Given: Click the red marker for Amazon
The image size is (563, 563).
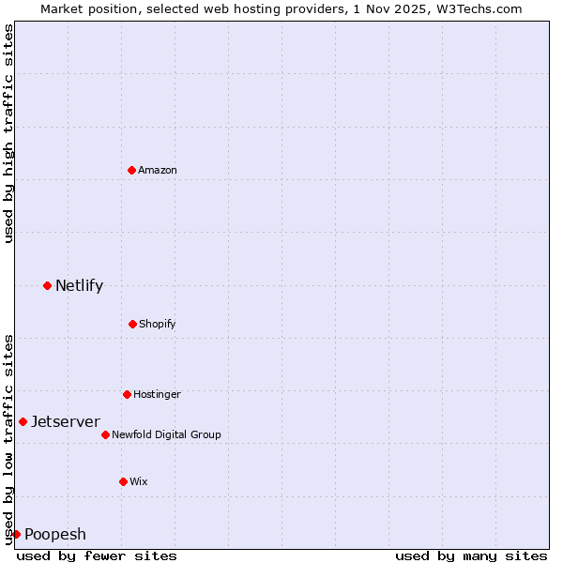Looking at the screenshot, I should coord(131,170).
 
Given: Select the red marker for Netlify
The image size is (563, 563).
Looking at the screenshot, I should coord(47,285).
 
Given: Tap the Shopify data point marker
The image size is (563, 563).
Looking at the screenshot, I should coord(132,324).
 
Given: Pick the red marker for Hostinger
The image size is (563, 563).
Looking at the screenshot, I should coord(127,394).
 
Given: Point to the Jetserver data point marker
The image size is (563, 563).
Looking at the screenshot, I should coord(23,421).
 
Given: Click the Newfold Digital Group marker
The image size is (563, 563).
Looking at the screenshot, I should coord(105,434).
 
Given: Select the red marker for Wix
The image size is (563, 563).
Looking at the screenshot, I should coord(123,481).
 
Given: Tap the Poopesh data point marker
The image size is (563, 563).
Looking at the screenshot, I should coord(16,534).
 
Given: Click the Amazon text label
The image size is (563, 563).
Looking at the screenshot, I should coord(158,170).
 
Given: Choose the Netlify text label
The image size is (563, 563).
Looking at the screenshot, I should coord(79,285).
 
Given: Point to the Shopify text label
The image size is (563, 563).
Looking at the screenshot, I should coord(158,324).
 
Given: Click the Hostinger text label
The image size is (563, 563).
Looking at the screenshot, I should coord(157,394).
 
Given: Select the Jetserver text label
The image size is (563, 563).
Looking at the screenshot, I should coord(66,421).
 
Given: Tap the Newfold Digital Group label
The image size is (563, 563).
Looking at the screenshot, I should coord(166,434).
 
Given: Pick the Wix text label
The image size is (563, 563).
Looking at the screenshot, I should coord(139,481).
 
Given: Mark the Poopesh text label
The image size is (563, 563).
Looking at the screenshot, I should coord(55,534).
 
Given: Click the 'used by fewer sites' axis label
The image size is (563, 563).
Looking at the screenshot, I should coord(97,555).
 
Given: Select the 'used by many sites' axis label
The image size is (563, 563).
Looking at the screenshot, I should coord(471,555).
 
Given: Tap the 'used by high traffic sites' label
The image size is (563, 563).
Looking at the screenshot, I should coord(8,132).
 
